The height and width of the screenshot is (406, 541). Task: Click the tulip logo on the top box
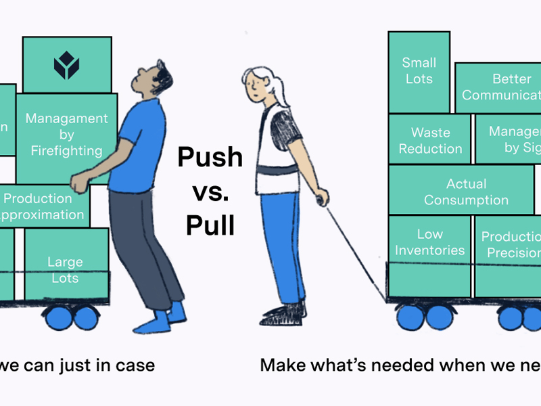tap(67, 66)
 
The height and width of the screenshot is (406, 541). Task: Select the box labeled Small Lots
tap(419, 71)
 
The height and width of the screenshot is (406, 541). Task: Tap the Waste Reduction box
tap(431, 141)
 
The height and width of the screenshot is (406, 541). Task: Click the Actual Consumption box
tap(466, 192)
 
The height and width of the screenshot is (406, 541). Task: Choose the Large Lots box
tap(66, 269)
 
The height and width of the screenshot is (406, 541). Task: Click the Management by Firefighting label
tap(66, 134)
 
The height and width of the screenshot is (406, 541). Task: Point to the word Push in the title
tap(210, 158)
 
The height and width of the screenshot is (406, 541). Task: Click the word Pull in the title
tap(210, 225)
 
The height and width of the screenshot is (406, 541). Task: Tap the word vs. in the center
tap(210, 191)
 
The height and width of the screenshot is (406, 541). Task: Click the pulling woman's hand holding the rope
tap(322, 198)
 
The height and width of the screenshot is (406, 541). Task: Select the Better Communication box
tap(499, 88)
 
